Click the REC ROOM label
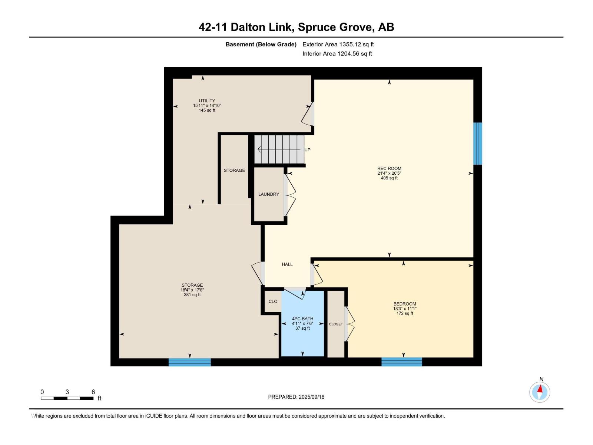[x=389, y=168]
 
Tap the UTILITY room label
[x=207, y=100]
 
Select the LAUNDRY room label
[x=269, y=194]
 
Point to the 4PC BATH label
[x=302, y=319]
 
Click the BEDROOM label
[x=405, y=304]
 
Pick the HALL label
[x=287, y=264]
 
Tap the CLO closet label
[x=273, y=301]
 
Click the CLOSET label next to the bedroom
[x=336, y=324]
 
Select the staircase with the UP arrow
[x=279, y=149]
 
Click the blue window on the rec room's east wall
[x=478, y=144]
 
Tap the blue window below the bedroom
[x=402, y=362]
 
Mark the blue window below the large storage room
[x=190, y=362]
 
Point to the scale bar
[x=67, y=398]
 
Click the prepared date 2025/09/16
[x=311, y=397]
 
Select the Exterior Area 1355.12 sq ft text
[x=338, y=44]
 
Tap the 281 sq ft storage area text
[x=192, y=295]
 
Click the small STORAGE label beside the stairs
[x=234, y=170]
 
